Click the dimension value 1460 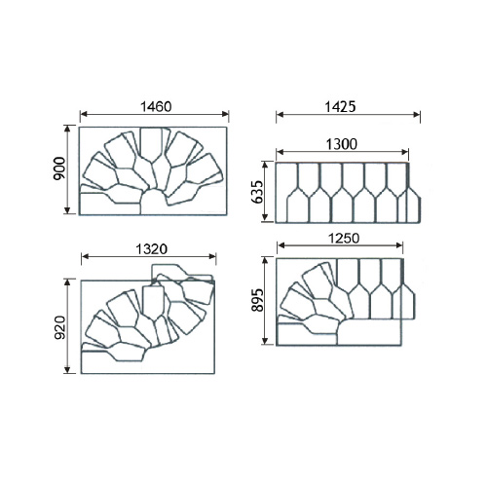click(156, 107)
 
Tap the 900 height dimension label click(59, 169)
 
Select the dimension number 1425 click(340, 107)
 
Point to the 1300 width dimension click(342, 144)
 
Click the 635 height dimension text click(258, 192)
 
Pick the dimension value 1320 click(151, 249)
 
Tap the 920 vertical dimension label click(59, 327)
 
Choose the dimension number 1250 click(344, 239)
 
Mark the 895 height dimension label click(259, 300)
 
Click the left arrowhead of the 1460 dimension click(84, 114)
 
